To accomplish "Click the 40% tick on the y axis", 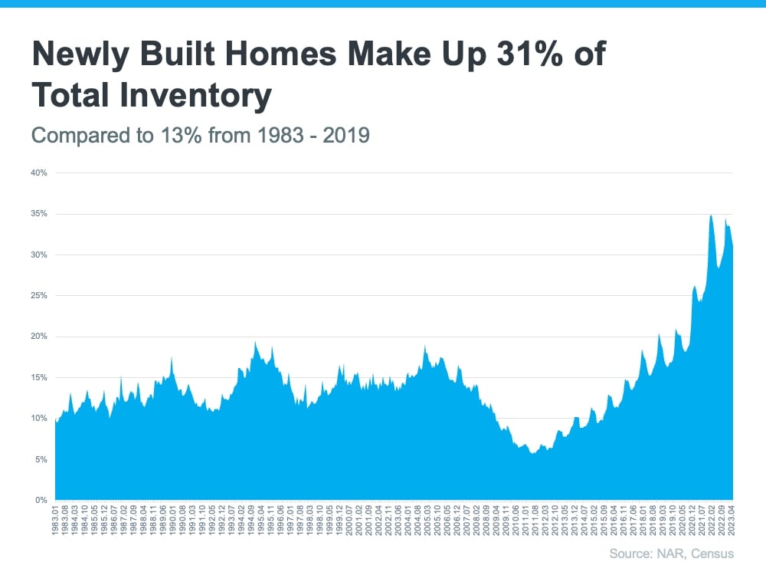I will pyautogui.click(x=39, y=173).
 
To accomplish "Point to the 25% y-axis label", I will pyautogui.click(x=39, y=296).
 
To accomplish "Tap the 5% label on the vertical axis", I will pyautogui.click(x=41, y=459).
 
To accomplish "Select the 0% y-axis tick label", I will pyautogui.click(x=41, y=500).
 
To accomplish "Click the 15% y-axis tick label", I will pyautogui.click(x=39, y=377).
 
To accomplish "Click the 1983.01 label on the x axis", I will pyautogui.click(x=56, y=519).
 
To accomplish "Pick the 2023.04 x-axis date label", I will pyautogui.click(x=732, y=519).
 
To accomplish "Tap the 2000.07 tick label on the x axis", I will pyautogui.click(x=349, y=519).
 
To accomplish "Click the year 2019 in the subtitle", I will pyautogui.click(x=347, y=136).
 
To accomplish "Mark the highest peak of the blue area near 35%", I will pyautogui.click(x=711, y=215).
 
